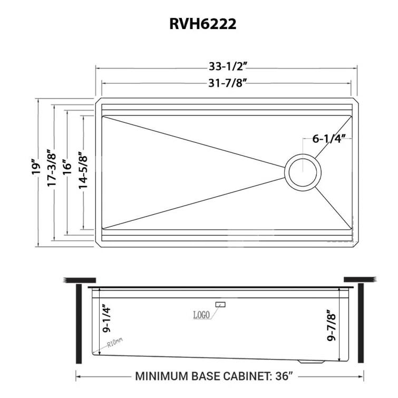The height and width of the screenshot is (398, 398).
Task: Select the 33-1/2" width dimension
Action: [228, 66]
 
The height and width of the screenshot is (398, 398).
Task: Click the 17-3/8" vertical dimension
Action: [51, 168]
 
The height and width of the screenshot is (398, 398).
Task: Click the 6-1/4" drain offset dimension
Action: [328, 139]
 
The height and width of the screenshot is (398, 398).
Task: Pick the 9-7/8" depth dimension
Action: [332, 325]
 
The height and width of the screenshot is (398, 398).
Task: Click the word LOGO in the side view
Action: [201, 315]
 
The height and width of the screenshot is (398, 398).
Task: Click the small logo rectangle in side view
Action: [220, 304]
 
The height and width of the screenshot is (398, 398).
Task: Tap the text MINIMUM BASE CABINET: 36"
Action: [214, 376]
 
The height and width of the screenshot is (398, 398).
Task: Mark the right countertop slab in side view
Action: [359, 279]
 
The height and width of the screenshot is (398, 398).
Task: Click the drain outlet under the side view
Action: [310, 362]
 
